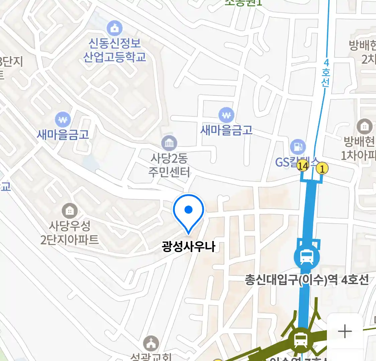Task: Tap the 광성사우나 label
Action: coord(189,247)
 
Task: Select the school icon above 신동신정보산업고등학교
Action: coord(115,28)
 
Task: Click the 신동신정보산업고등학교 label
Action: coord(115,50)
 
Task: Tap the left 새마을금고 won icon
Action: coord(62,119)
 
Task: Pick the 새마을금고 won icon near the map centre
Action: coord(226,115)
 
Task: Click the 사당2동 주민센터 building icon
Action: coord(169,143)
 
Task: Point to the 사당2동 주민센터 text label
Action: coord(169,165)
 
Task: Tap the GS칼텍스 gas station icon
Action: coord(297,146)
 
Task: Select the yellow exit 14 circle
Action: coord(303,165)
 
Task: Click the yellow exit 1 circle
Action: coord(322,168)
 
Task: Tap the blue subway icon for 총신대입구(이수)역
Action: coord(306,257)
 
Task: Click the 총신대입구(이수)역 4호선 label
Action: coord(306,279)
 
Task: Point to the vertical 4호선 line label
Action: coord(326,73)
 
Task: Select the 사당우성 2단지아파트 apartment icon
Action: coord(70,211)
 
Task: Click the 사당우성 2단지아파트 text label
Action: coord(70,233)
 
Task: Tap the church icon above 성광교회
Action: coord(151,343)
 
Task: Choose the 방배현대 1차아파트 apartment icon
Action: coord(364,127)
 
